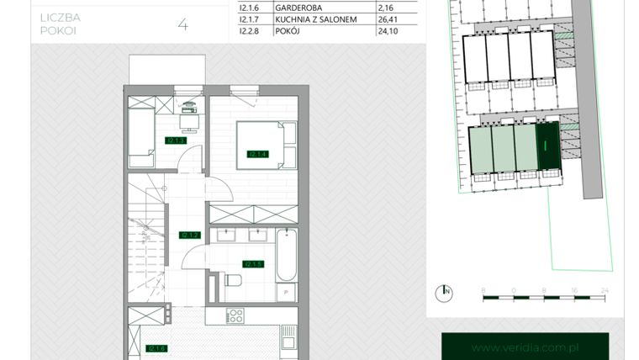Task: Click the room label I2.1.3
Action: pyautogui.click(x=176, y=140)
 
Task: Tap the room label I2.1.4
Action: pyautogui.click(x=256, y=154)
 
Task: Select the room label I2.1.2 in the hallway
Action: pyautogui.click(x=188, y=236)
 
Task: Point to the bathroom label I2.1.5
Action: pyautogui.click(x=253, y=263)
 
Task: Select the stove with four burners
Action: pyautogui.click(x=235, y=317)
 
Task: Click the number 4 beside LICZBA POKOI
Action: pyautogui.click(x=182, y=24)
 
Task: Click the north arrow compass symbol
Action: pyautogui.click(x=443, y=293)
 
